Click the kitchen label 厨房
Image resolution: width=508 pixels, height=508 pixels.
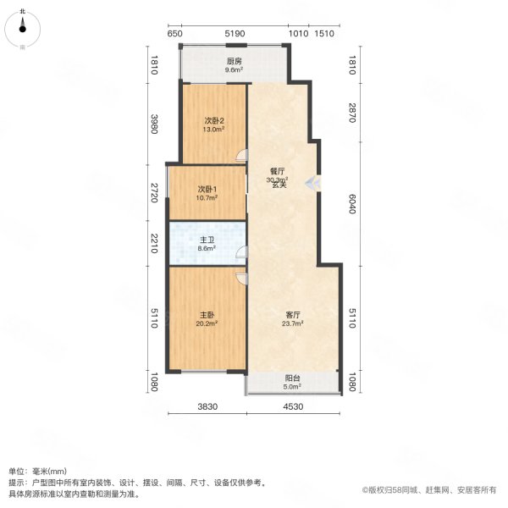click(235, 61)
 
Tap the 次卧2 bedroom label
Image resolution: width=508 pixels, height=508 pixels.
click(213, 120)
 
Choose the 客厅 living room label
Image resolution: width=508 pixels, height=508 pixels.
click(293, 314)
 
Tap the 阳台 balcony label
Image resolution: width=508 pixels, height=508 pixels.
click(293, 378)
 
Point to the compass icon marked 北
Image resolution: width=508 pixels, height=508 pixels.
click(24, 30)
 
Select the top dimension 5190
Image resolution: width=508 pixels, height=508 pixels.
click(235, 34)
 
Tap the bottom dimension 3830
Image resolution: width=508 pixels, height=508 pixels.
click(208, 407)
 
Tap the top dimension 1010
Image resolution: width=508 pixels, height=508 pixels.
click(297, 34)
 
